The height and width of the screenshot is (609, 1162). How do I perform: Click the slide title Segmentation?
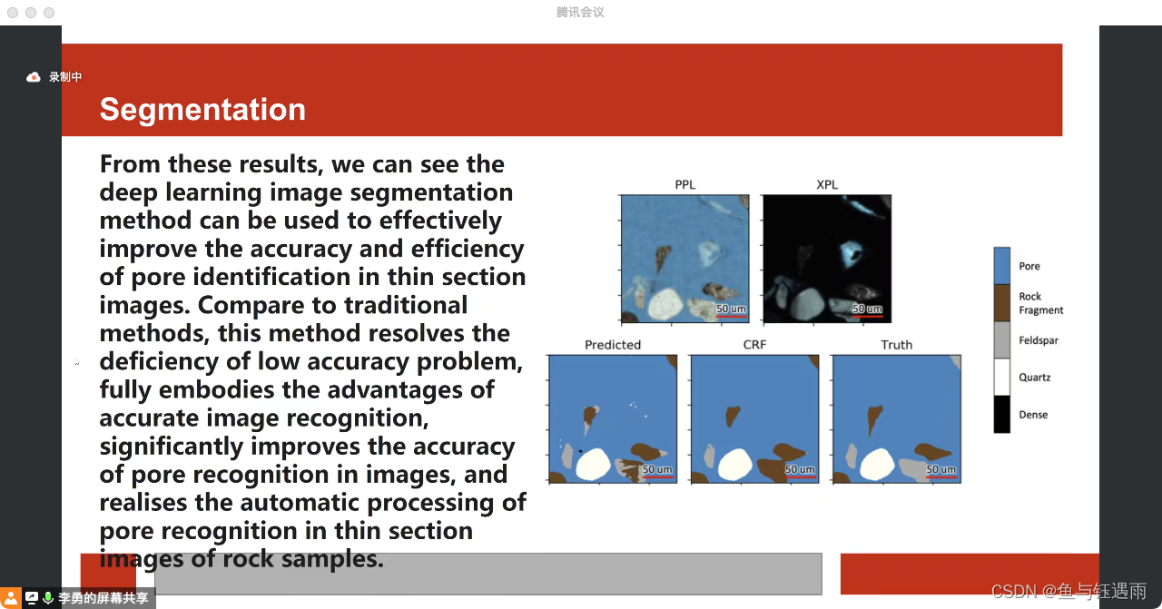[202, 110]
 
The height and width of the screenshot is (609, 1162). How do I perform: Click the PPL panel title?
[684, 184]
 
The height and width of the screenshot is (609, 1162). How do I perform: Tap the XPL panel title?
[827, 184]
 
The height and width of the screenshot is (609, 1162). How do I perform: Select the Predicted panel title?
[613, 345]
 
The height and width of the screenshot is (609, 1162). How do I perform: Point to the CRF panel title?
[754, 345]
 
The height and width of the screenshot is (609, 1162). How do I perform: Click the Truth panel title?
[896, 345]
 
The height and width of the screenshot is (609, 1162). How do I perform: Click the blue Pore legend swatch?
[1001, 266]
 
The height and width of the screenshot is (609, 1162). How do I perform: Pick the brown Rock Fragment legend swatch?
[1001, 303]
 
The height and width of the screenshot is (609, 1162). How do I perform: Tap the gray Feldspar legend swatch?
[1001, 339]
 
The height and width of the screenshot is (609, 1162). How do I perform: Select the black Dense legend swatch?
[1001, 414]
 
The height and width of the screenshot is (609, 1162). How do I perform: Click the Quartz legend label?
[1034, 378]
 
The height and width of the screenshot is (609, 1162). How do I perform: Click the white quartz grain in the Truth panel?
[877, 464]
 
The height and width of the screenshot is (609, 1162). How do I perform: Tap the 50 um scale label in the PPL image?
[731, 309]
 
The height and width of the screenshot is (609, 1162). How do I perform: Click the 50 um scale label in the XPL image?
[867, 309]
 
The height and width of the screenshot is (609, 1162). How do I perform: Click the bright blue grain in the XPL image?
[851, 252]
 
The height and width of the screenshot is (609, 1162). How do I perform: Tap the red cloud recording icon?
[34, 77]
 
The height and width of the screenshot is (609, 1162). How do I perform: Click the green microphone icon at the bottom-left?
[48, 597]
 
